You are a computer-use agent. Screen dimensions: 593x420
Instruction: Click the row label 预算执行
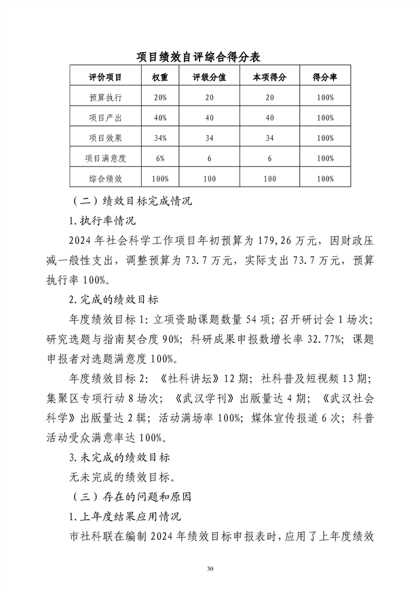coord(104,98)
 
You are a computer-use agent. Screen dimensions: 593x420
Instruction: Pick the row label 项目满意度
coord(104,159)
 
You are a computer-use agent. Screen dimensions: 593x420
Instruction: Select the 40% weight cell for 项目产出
coord(160,118)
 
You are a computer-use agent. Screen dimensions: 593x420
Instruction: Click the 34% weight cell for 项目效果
coord(160,138)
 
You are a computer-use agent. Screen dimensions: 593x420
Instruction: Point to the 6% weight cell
coord(160,159)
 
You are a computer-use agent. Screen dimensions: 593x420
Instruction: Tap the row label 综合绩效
coord(104,179)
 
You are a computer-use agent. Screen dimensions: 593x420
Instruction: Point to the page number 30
coord(210,568)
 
